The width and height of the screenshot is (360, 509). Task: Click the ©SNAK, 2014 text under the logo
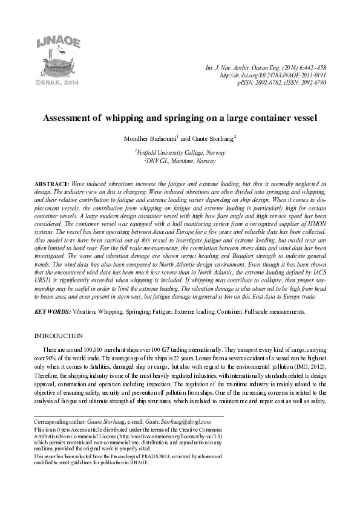51,80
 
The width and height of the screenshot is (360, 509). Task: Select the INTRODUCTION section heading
59,335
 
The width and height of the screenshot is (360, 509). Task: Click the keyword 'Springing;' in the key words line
126,311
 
